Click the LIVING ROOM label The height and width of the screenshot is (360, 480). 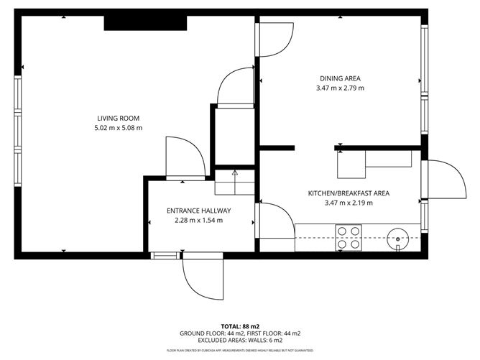pos(119,119)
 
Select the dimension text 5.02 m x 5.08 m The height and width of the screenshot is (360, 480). pos(119,129)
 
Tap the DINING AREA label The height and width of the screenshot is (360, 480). pos(340,78)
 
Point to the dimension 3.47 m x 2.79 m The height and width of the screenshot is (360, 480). pos(340,88)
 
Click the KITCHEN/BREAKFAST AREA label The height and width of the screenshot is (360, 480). pos(349,193)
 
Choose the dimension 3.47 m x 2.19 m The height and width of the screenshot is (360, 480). pos(349,203)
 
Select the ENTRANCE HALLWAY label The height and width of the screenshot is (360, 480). pos(198,211)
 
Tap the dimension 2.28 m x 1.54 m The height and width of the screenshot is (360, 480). pos(198,221)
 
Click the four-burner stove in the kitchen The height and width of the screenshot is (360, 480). pos(349,236)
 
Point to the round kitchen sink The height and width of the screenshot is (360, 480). pos(397,236)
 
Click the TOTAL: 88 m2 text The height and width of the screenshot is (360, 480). pos(239,326)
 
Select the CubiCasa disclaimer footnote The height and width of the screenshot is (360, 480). pos(239,351)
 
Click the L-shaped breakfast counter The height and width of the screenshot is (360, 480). pos(374,164)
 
